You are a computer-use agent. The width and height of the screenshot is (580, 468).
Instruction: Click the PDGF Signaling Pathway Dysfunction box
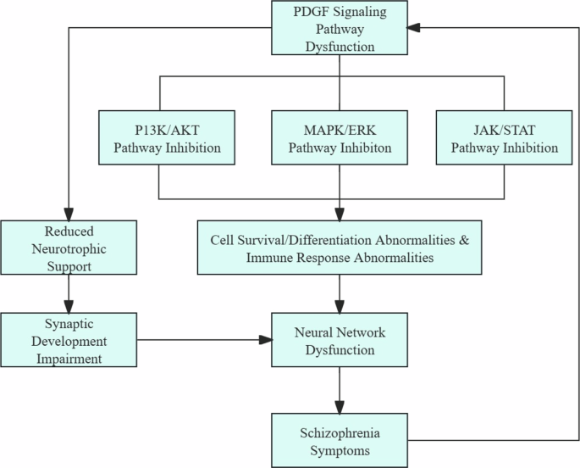click(339, 29)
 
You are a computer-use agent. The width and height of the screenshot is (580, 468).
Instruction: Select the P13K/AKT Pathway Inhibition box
click(160, 137)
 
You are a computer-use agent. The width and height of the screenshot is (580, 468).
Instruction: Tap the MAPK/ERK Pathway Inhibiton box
click(339, 137)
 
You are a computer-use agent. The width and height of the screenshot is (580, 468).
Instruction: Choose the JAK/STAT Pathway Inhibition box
click(505, 137)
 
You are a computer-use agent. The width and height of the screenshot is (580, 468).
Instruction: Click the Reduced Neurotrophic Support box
click(68, 248)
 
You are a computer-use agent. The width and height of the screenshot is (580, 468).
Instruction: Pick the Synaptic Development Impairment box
click(68, 340)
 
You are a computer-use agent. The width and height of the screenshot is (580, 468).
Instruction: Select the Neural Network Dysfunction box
click(339, 340)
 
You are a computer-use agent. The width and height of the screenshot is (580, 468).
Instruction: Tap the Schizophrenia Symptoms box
click(339, 438)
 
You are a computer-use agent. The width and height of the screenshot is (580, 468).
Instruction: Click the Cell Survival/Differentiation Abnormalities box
click(339, 248)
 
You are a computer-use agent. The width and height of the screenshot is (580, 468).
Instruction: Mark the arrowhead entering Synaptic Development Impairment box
click(68, 307)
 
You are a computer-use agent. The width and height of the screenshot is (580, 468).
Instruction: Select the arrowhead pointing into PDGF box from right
click(413, 28)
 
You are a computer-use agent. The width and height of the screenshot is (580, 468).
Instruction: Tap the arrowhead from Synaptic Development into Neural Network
click(265, 340)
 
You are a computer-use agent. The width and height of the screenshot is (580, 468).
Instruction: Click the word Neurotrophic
click(68, 248)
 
